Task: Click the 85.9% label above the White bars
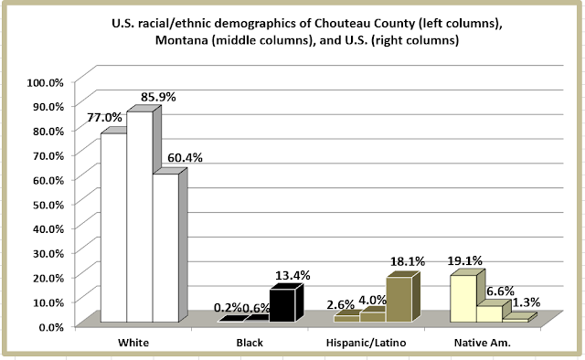(158, 97)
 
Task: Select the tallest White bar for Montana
(140, 217)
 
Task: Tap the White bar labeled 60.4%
(165, 248)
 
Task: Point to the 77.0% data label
(104, 118)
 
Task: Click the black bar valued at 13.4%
(282, 305)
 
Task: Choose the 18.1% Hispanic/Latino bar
(399, 299)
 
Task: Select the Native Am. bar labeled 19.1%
(463, 298)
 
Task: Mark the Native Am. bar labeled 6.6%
(490, 313)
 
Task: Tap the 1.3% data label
(526, 302)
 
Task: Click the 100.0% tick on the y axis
(45, 82)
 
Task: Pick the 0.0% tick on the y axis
(51, 327)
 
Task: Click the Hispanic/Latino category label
(366, 343)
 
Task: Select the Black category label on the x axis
(250, 343)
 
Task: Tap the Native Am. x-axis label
(482, 343)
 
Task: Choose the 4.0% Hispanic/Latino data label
(372, 300)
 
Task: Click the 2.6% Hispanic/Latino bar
(347, 318)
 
